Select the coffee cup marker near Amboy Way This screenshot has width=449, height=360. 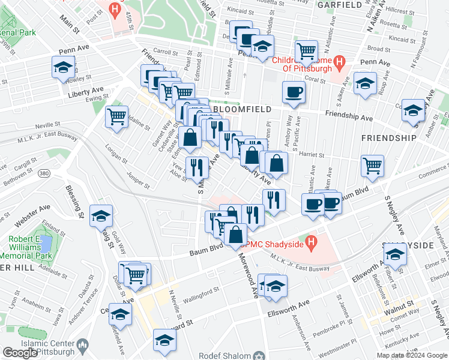[x=294, y=92]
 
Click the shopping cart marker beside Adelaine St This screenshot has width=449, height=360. [x=116, y=116]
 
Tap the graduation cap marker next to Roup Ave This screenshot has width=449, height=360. [x=364, y=83]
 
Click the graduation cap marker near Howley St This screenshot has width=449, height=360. [x=62, y=67]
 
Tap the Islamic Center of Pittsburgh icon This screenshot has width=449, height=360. [x=83, y=345]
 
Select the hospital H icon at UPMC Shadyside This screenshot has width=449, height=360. [x=311, y=242]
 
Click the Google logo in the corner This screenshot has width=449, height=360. [x=20, y=353]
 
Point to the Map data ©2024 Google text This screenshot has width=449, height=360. [x=411, y=355]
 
